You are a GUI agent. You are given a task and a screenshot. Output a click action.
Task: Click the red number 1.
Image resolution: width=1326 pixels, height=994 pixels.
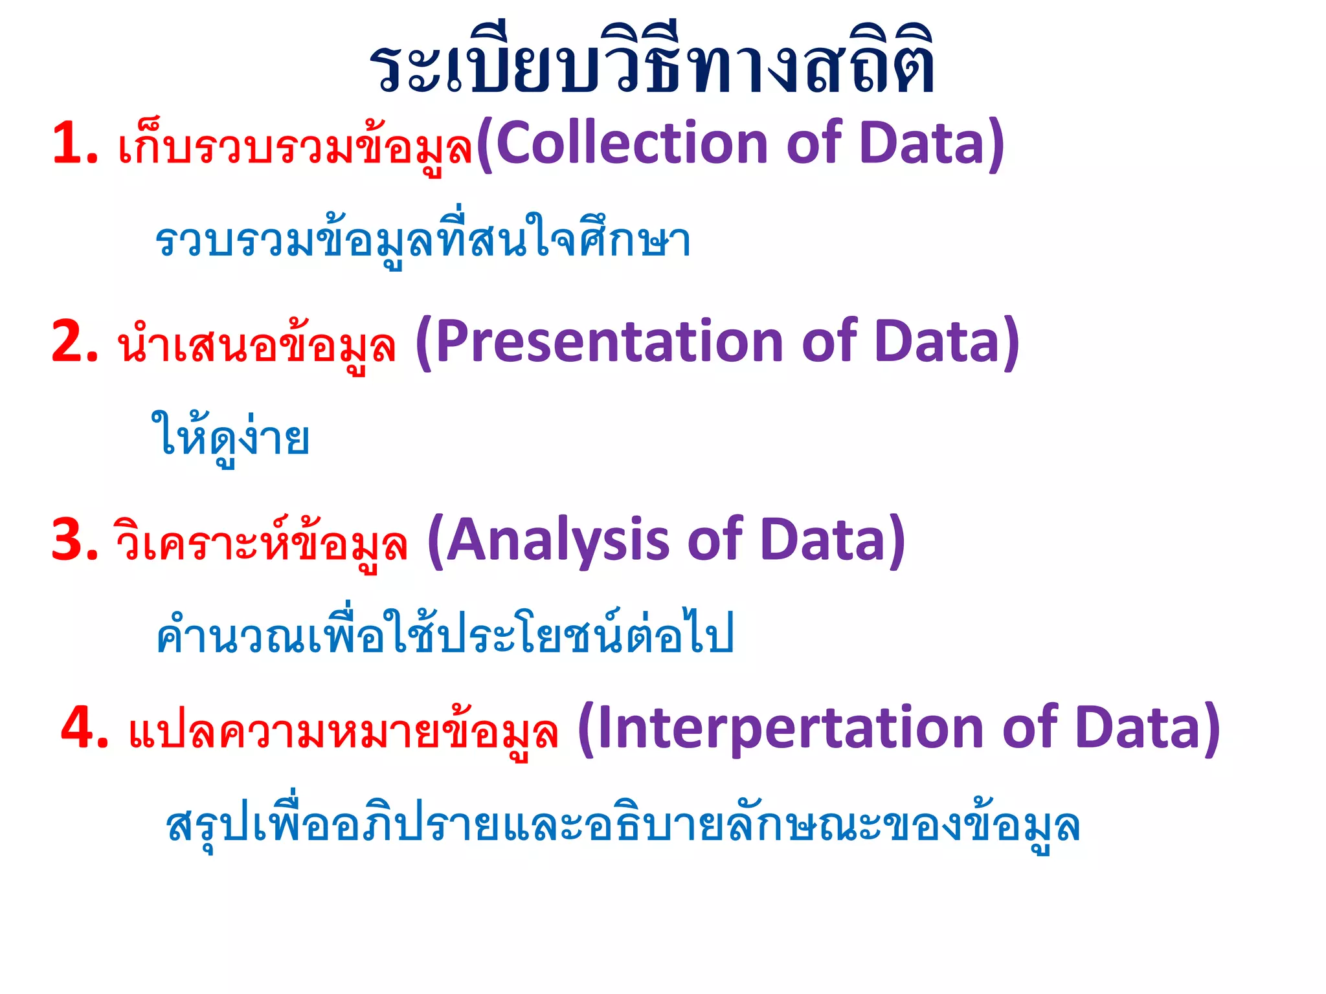click(x=74, y=144)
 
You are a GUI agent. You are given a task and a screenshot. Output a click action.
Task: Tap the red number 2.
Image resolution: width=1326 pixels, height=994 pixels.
click(x=74, y=342)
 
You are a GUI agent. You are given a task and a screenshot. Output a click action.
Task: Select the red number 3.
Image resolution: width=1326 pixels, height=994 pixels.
click(x=74, y=540)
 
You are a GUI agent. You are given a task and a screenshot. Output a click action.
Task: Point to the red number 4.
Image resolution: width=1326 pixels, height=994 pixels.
click(x=84, y=728)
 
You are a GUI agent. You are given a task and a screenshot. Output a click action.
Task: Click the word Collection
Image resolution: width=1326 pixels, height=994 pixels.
click(x=631, y=144)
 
